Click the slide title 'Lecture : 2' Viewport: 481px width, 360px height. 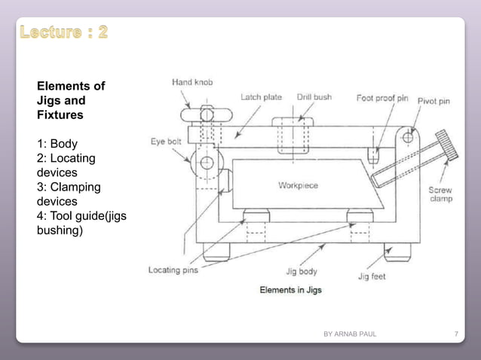point(63,32)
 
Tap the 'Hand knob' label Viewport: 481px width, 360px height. point(192,82)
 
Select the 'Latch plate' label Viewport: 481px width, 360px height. point(261,97)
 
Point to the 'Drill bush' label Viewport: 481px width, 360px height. point(314,97)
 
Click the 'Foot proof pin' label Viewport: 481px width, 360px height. point(382,98)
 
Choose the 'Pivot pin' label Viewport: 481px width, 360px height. point(434,100)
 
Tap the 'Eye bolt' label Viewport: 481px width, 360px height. point(166,141)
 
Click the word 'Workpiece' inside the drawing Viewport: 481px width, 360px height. point(298,185)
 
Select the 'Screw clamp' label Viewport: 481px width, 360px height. point(440,194)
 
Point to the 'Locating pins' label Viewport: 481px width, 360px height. point(173,270)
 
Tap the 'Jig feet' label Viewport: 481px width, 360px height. point(372,276)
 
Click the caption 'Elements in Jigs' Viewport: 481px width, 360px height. point(290,290)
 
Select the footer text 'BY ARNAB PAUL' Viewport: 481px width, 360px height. point(350,334)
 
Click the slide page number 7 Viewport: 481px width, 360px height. point(455,334)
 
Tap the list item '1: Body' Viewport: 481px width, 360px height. point(57,143)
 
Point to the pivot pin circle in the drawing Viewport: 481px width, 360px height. point(408,137)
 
